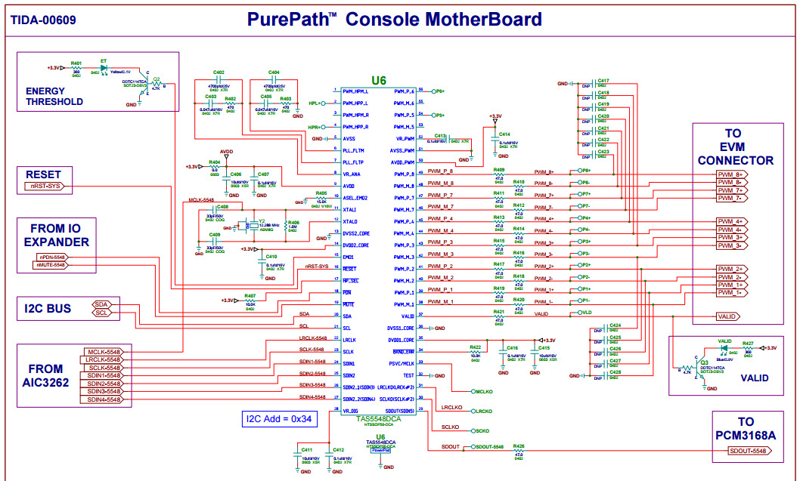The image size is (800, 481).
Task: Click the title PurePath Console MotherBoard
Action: (x=394, y=19)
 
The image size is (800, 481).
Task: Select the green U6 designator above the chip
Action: (x=378, y=80)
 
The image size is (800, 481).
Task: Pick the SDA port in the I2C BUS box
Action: (x=102, y=304)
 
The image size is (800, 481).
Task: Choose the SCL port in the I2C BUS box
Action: (x=102, y=313)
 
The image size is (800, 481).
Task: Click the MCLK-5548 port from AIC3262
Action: (x=103, y=352)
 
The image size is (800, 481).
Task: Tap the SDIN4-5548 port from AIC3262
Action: (x=103, y=399)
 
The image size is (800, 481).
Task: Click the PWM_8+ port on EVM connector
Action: (x=730, y=174)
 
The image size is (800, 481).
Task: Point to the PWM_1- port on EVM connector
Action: (x=730, y=292)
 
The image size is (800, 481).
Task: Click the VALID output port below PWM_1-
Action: (x=727, y=316)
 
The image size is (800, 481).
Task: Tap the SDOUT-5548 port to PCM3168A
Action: (x=748, y=451)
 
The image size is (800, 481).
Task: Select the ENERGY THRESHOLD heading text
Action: (x=54, y=96)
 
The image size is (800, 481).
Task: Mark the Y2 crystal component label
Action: (x=262, y=221)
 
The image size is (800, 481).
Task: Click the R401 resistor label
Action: (x=76, y=63)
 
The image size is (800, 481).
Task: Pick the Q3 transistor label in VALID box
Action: (x=705, y=362)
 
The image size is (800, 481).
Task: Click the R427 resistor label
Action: (x=748, y=344)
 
